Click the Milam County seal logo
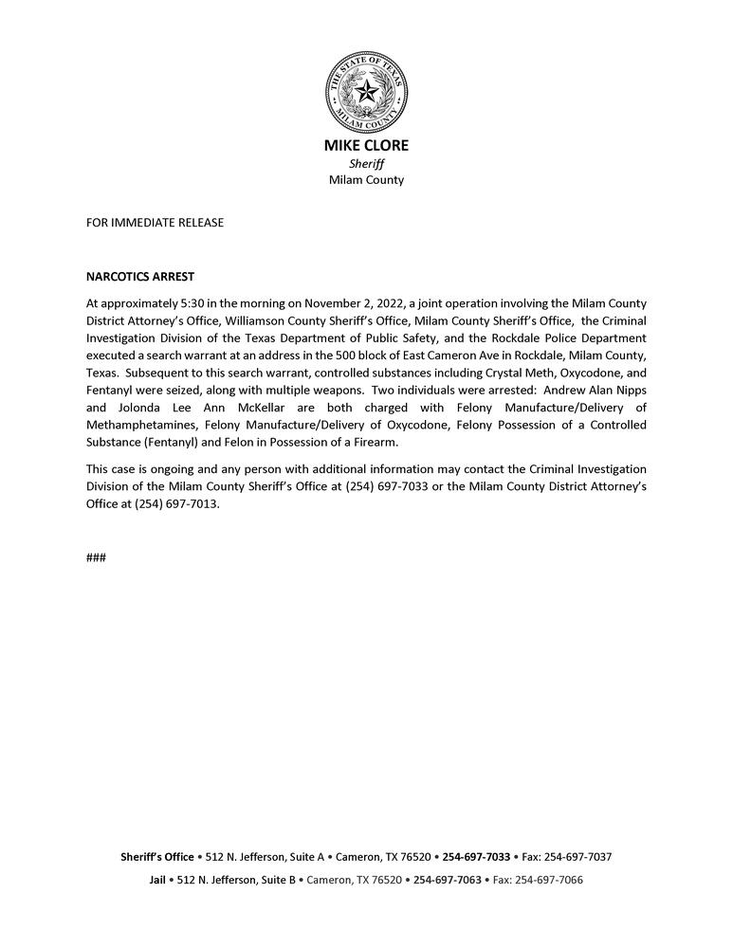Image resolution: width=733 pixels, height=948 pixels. (x=366, y=92)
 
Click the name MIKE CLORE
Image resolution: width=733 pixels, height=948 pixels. (x=366, y=146)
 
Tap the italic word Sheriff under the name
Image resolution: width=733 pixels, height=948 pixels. (x=366, y=163)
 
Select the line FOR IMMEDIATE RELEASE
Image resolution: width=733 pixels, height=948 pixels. (x=155, y=223)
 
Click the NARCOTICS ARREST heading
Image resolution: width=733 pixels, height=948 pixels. (x=139, y=277)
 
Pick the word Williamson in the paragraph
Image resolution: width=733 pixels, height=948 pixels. (x=255, y=320)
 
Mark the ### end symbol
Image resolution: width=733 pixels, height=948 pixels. (x=96, y=557)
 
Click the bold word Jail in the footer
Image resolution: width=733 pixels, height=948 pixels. (x=157, y=880)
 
